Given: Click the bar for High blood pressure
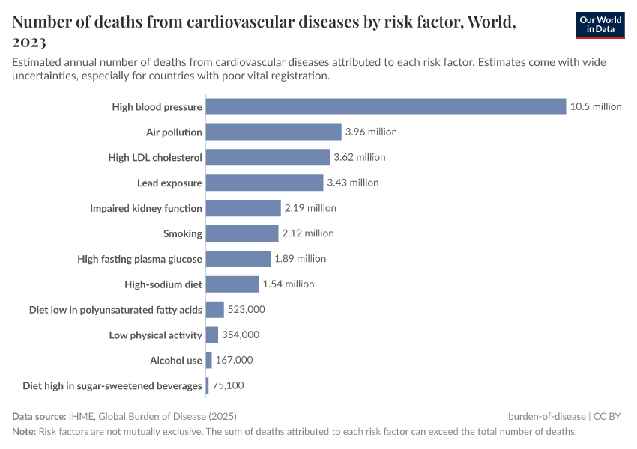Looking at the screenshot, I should [385, 106].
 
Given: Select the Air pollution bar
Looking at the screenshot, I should [274, 132].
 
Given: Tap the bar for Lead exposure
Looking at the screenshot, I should [264, 183].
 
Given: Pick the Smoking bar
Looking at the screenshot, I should [242, 233].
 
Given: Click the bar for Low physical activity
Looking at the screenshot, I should [211, 335].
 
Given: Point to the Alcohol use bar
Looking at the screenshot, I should [208, 360].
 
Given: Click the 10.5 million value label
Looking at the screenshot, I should [596, 106].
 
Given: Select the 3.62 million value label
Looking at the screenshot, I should [360, 157].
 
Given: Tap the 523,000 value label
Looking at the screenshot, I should [247, 309].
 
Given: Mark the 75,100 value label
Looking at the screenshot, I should [228, 385].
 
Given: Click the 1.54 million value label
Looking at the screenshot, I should [289, 284].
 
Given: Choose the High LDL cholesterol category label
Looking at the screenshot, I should [155, 157].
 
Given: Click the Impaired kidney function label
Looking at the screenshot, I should [146, 208].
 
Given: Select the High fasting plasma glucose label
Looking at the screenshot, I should [140, 259].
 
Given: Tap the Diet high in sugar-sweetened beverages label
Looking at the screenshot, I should [112, 386].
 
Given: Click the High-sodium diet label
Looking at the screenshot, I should [163, 284].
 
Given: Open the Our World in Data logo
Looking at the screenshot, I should [600, 25].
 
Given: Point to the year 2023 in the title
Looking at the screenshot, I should [29, 42].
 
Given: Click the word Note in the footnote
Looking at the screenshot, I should [23, 432].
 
